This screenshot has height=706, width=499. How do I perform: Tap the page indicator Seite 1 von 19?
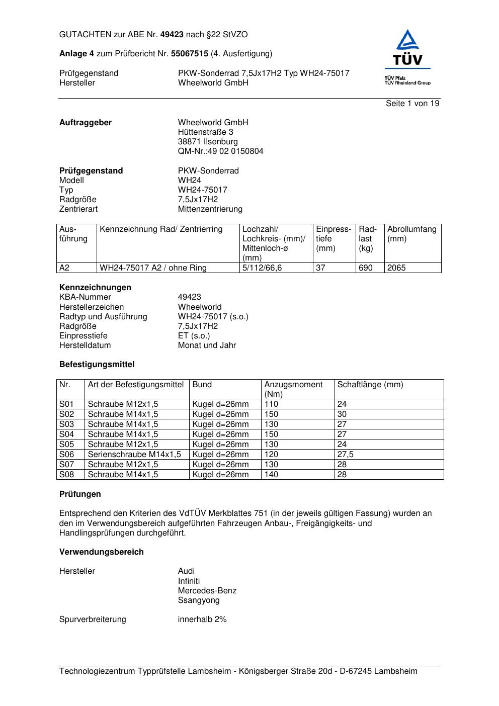tap(412, 104)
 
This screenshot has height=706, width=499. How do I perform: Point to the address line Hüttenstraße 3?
tap(205, 132)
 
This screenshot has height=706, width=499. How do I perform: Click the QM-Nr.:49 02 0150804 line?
tap(220, 151)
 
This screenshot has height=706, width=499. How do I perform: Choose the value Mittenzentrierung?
tap(210, 209)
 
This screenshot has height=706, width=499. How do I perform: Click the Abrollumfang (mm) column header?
tap(411, 234)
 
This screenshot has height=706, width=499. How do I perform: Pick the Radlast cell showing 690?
tap(366, 268)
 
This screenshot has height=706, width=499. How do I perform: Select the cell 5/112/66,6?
tap(262, 268)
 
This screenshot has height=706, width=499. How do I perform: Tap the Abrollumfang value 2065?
tap(396, 268)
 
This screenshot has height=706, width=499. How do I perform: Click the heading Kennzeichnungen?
tap(95, 288)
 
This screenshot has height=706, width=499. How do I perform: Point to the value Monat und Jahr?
tap(207, 345)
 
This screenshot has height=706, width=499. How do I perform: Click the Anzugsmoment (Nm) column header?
tap(293, 389)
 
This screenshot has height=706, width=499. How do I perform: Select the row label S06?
tap(66, 455)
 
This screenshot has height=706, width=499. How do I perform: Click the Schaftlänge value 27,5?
tap(345, 455)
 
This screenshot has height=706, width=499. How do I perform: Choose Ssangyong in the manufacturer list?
tap(199, 600)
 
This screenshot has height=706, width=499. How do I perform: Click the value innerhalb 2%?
tap(202, 620)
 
